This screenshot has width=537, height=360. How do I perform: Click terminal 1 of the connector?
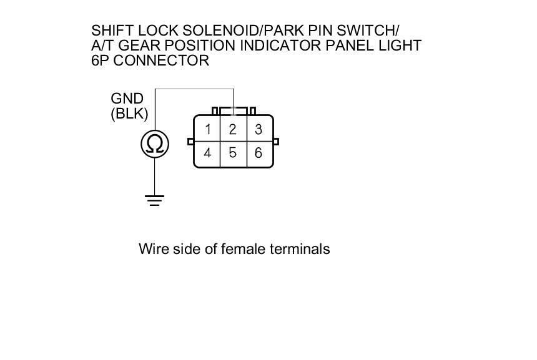point(207,130)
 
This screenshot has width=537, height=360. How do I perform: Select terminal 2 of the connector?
point(233,130)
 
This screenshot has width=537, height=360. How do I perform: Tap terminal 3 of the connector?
point(259,130)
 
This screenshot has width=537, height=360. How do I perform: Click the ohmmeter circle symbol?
point(155,145)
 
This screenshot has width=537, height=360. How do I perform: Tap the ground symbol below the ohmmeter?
point(155,200)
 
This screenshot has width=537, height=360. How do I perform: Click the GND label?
point(127,99)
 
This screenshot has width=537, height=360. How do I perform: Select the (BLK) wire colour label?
point(129,114)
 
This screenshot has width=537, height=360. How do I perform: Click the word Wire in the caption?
point(152,249)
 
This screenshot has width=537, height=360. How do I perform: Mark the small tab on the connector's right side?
point(276,142)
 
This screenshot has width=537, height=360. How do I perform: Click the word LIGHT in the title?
point(401,46)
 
